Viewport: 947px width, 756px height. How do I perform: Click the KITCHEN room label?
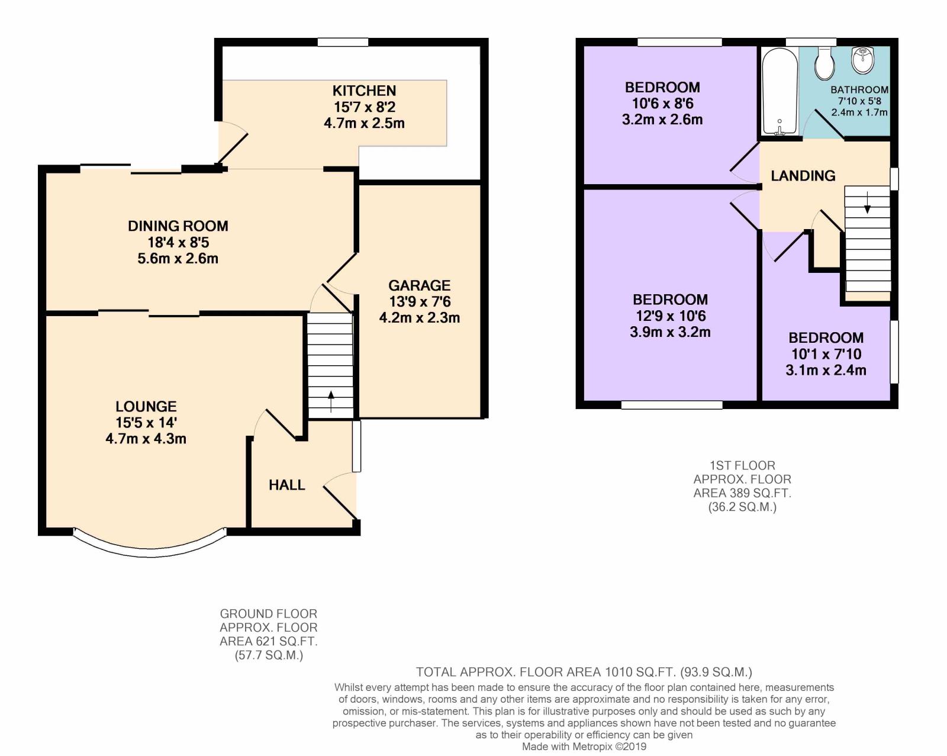pyautogui.click(x=364, y=91)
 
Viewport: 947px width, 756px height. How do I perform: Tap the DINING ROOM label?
pyautogui.click(x=178, y=226)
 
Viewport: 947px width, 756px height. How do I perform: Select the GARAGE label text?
pyautogui.click(x=420, y=285)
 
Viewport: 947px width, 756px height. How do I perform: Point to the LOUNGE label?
pyautogui.click(x=146, y=406)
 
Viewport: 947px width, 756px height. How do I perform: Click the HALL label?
pyautogui.click(x=287, y=485)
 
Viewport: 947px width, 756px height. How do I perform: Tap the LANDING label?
pyautogui.click(x=803, y=176)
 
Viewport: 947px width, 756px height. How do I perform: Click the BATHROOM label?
pyautogui.click(x=859, y=90)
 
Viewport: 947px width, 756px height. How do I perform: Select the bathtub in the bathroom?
pyautogui.click(x=779, y=92)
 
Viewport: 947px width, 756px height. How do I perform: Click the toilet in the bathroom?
pyautogui.click(x=824, y=64)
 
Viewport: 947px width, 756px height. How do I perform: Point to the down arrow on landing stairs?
pyautogui.click(x=867, y=202)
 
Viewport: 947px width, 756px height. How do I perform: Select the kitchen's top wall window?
pyautogui.click(x=343, y=42)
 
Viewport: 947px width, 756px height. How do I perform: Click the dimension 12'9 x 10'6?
pyautogui.click(x=671, y=316)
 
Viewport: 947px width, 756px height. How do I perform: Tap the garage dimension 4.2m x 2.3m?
pyautogui.click(x=420, y=317)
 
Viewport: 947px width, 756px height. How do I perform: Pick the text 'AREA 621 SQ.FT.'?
pyautogui.click(x=269, y=641)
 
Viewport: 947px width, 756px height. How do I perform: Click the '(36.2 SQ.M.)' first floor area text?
pyautogui.click(x=742, y=507)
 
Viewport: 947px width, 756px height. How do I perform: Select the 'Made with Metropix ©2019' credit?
pyautogui.click(x=584, y=747)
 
